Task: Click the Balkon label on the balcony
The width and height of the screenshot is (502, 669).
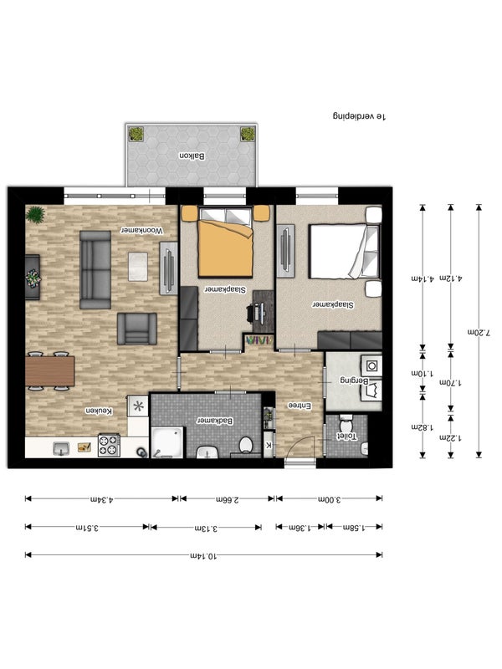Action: coord(192,156)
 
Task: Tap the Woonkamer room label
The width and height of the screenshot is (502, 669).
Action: coord(141,231)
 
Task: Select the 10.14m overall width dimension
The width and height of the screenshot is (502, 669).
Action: coord(203,556)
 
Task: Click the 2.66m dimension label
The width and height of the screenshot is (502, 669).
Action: coord(227,499)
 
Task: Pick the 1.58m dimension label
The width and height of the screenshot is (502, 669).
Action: coord(354,528)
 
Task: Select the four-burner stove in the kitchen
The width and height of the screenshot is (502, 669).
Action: coord(109,445)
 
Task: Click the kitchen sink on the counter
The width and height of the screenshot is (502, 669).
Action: coord(61,448)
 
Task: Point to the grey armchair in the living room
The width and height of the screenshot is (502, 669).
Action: coord(137,329)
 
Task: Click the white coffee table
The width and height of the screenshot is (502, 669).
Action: coord(138,266)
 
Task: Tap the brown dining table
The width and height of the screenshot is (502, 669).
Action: coord(50,371)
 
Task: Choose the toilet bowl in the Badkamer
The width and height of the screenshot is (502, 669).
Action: coord(245,445)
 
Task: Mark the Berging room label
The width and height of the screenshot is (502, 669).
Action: coord(353,380)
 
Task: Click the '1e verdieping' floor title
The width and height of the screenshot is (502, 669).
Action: coord(360,116)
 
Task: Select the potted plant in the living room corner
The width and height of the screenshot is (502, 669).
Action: coord(35,214)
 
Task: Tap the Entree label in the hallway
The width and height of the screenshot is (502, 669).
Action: coord(300,406)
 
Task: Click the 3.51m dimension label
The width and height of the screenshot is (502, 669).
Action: coord(87,528)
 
